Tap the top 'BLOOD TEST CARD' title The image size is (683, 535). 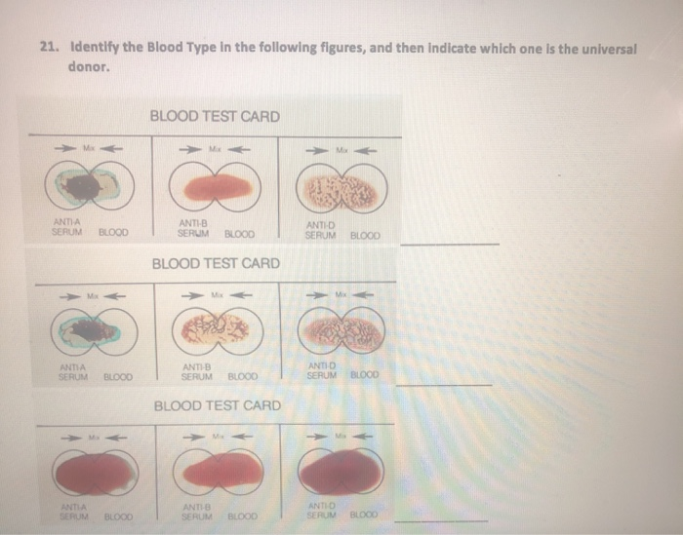point(215,117)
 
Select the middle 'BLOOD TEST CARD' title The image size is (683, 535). point(216,264)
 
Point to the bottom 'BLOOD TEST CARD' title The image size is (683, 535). point(218,405)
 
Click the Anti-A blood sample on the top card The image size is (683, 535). point(85,185)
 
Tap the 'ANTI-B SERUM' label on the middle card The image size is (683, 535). point(196,371)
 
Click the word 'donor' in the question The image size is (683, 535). point(86,67)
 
